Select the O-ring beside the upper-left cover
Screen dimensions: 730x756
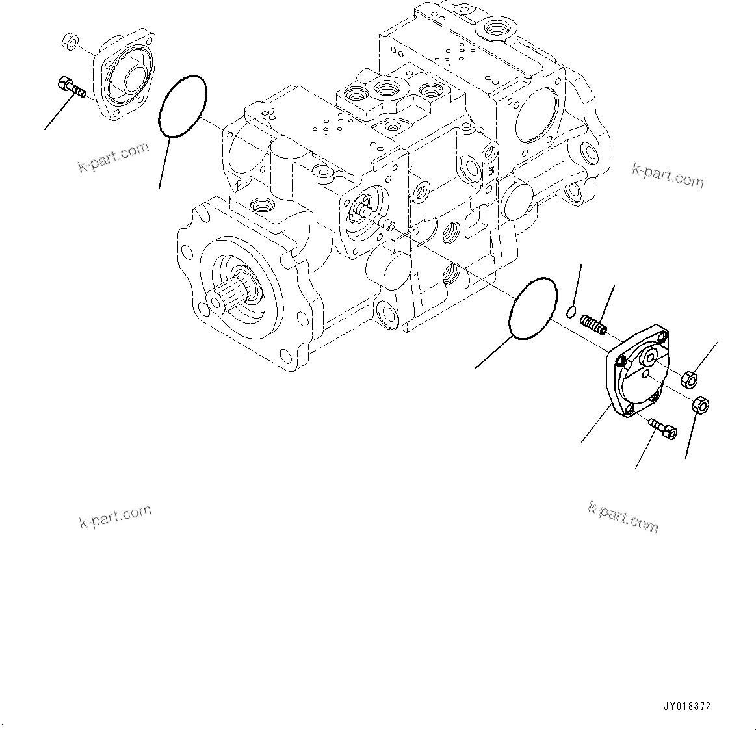[x=183, y=106]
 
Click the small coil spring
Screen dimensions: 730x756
[x=593, y=324]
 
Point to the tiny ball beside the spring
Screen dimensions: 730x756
[x=571, y=311]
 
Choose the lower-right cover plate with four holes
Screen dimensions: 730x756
[x=637, y=373]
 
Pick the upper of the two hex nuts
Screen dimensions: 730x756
[x=690, y=377]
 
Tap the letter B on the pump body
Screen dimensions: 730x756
[x=490, y=172]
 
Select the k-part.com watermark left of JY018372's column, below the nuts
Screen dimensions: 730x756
[x=623, y=516]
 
